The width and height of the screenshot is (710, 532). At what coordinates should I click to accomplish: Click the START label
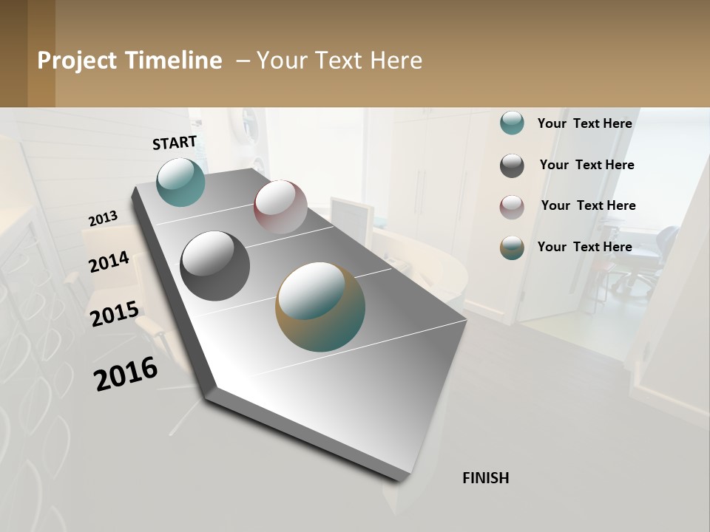tap(175, 143)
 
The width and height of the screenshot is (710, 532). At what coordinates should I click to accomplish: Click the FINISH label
tap(486, 478)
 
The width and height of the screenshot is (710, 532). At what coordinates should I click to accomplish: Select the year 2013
tap(103, 219)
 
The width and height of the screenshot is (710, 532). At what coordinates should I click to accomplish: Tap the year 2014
tap(109, 262)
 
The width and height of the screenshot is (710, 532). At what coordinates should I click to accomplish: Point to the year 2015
tap(115, 314)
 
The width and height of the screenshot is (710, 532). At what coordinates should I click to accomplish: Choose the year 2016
tap(126, 374)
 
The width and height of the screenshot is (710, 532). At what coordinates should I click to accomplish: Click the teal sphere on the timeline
tap(181, 182)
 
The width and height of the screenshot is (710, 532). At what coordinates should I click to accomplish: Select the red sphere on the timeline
tap(280, 207)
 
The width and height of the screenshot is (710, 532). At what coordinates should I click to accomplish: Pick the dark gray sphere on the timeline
tap(214, 266)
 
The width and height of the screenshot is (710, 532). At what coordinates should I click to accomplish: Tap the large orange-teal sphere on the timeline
tap(320, 307)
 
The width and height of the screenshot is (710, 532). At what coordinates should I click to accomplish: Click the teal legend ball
tap(512, 123)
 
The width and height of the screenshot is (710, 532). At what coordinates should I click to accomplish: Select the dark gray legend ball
tap(512, 166)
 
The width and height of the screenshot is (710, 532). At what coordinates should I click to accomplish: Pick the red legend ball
tap(512, 207)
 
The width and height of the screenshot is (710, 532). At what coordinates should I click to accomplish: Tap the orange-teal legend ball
tap(512, 248)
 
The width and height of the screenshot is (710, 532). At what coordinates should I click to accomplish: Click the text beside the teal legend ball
tap(584, 123)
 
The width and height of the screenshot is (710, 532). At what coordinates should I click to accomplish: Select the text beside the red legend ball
tap(588, 205)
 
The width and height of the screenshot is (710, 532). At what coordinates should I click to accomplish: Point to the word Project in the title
tap(77, 61)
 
